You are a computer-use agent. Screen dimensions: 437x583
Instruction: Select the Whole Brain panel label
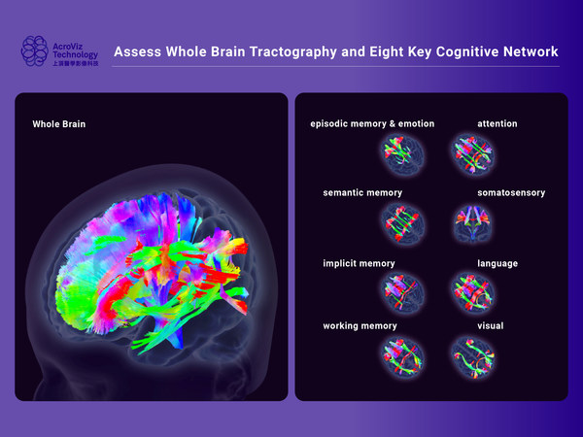coord(59,124)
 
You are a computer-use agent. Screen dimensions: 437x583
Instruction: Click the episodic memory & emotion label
coord(372,124)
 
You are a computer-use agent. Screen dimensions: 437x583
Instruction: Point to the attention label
coord(497,124)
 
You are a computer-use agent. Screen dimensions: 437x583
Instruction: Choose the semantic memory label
coord(362,193)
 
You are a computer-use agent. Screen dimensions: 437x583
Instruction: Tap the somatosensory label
coord(511,193)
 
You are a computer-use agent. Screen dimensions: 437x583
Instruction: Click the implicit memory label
coord(360,263)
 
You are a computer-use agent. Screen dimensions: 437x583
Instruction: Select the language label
coord(497,263)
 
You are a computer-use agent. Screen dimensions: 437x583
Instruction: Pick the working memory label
coord(360,326)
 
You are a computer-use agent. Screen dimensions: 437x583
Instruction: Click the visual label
coord(491,326)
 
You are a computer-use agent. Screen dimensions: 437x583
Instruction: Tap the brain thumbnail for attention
coord(473,152)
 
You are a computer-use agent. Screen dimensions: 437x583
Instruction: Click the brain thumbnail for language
coord(473,290)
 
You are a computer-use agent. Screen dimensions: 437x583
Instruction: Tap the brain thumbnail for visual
coord(473,355)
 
